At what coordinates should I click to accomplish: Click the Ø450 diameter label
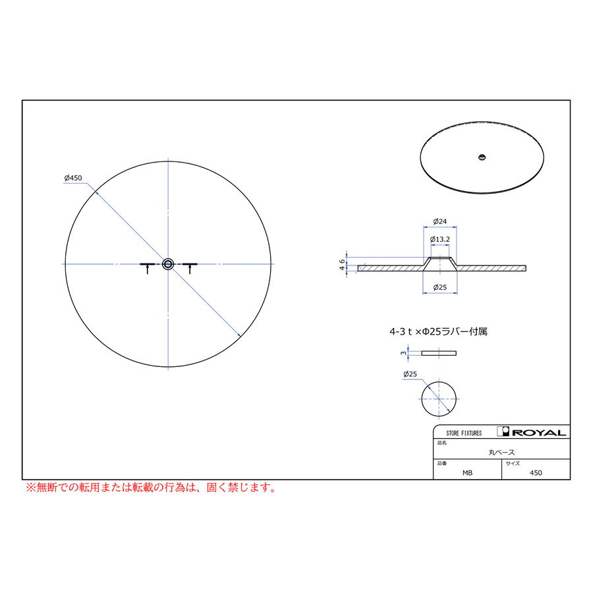click(x=73, y=178)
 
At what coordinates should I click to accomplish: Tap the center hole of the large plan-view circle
click(x=168, y=264)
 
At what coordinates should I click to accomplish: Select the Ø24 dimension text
click(x=440, y=221)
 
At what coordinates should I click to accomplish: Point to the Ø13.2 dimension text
click(x=440, y=239)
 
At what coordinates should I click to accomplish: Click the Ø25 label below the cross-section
click(x=440, y=287)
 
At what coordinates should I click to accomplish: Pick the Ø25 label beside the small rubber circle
click(x=410, y=374)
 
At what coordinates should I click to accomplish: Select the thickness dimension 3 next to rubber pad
click(x=403, y=353)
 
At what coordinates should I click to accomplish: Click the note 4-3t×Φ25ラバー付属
click(x=438, y=331)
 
